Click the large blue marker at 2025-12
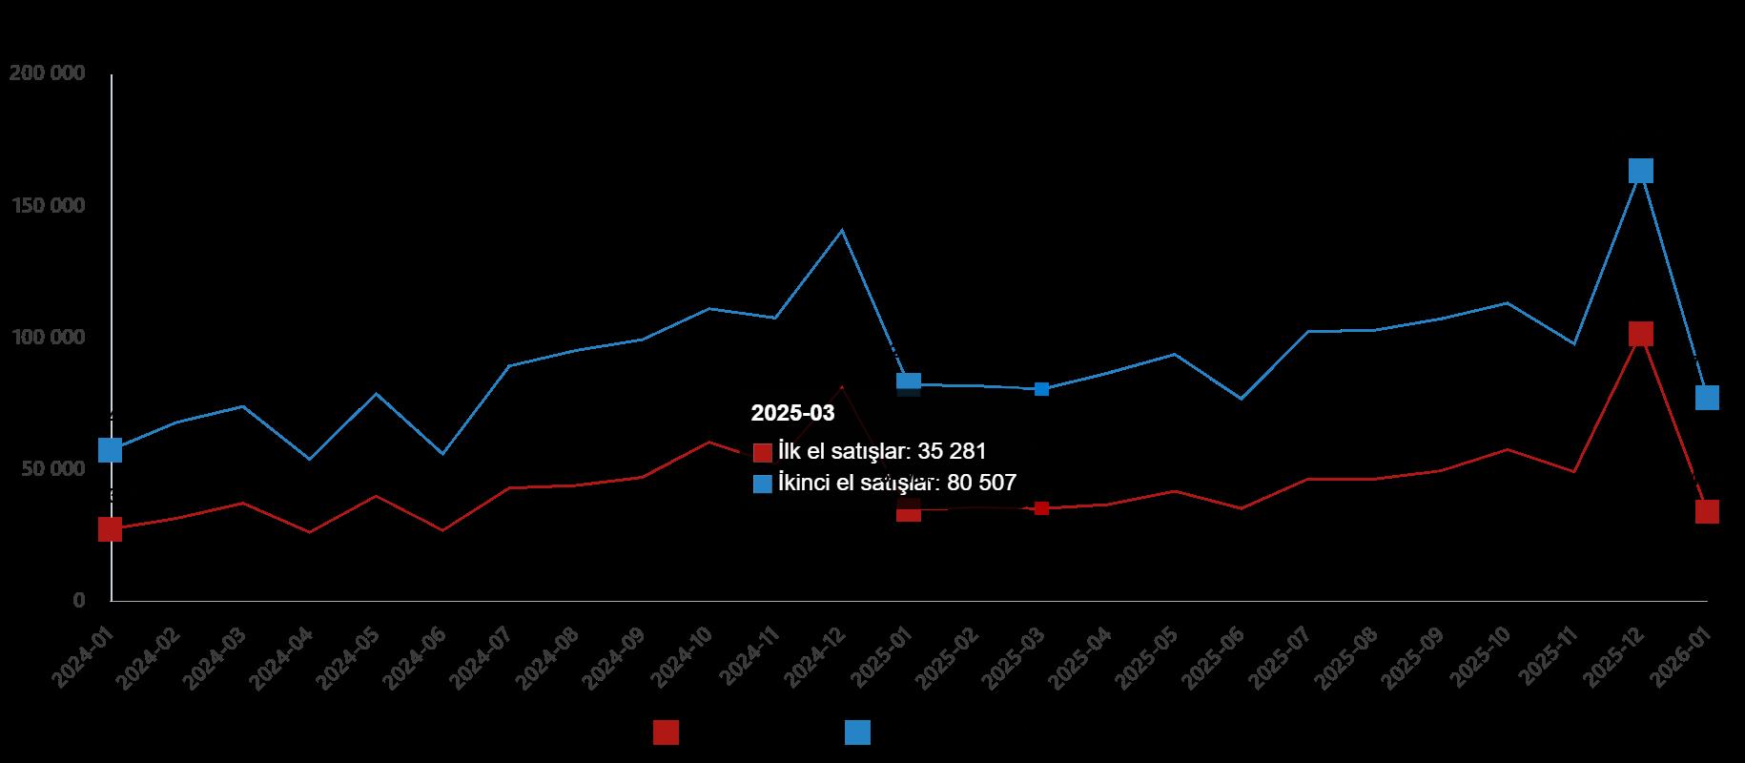tap(1640, 171)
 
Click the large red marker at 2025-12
tap(1640, 334)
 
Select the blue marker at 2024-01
tap(111, 450)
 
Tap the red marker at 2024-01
tap(111, 529)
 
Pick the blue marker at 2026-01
tap(1707, 398)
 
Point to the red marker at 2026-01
tap(1707, 511)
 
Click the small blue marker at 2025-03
tap(1041, 389)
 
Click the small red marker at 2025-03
tap(1041, 508)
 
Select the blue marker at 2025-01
tap(909, 383)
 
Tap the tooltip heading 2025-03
tap(792, 413)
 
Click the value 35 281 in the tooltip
tap(952, 451)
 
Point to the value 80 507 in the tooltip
tap(982, 483)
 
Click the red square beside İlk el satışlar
tap(762, 452)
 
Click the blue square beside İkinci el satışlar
tap(762, 484)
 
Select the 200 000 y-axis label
tap(47, 73)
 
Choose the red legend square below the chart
tap(666, 732)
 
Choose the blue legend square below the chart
tap(857, 732)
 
